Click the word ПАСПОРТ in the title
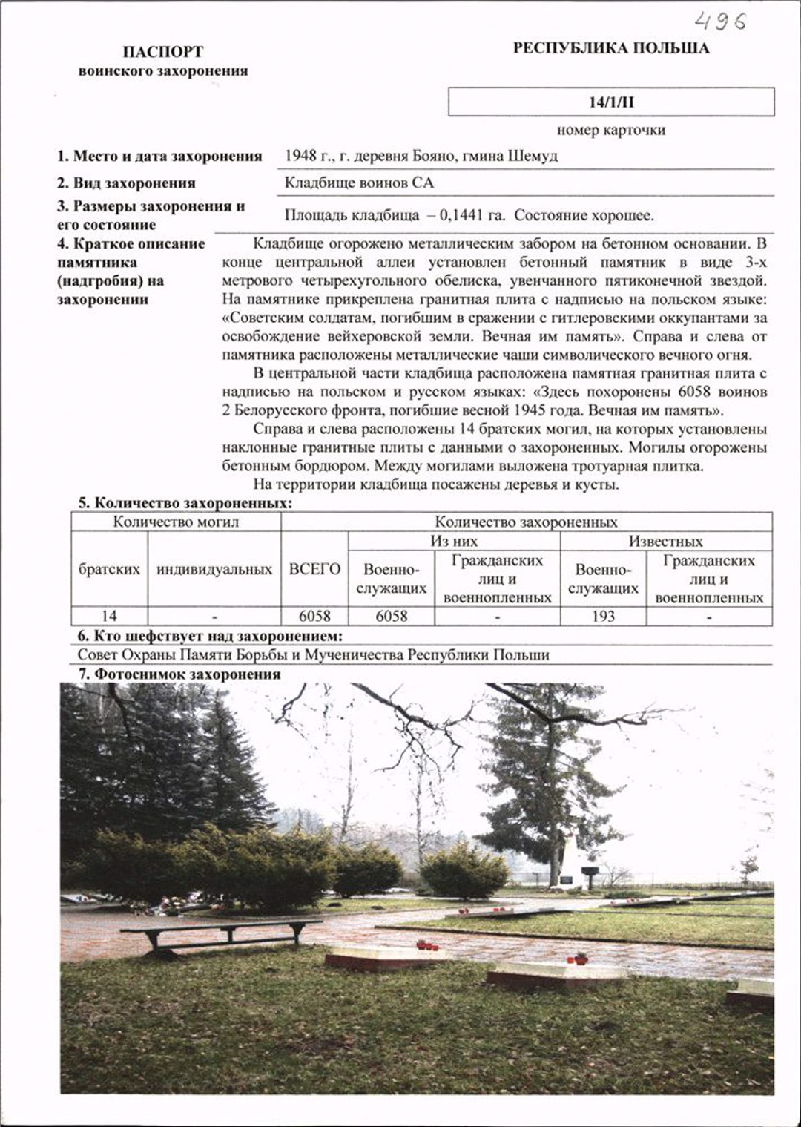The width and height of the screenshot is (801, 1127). (162, 52)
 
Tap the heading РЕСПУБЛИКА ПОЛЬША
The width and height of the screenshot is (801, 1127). (610, 48)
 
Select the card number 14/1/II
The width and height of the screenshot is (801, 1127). (611, 102)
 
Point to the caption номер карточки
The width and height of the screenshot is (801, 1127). (610, 130)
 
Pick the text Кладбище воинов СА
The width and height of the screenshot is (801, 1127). (359, 183)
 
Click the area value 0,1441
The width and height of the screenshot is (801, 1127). (461, 216)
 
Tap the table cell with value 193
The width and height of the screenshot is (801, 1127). (603, 616)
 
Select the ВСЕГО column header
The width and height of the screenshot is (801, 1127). (314, 569)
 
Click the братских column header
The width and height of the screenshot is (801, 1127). (109, 569)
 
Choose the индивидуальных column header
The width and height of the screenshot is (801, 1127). (214, 569)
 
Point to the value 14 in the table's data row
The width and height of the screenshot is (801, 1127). (109, 616)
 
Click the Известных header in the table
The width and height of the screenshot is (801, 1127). (665, 541)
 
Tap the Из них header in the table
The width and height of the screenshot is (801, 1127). (454, 541)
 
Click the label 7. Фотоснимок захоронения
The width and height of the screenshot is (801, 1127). (179, 674)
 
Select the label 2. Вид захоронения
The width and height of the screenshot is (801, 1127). (126, 183)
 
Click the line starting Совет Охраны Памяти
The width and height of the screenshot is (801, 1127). (313, 655)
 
